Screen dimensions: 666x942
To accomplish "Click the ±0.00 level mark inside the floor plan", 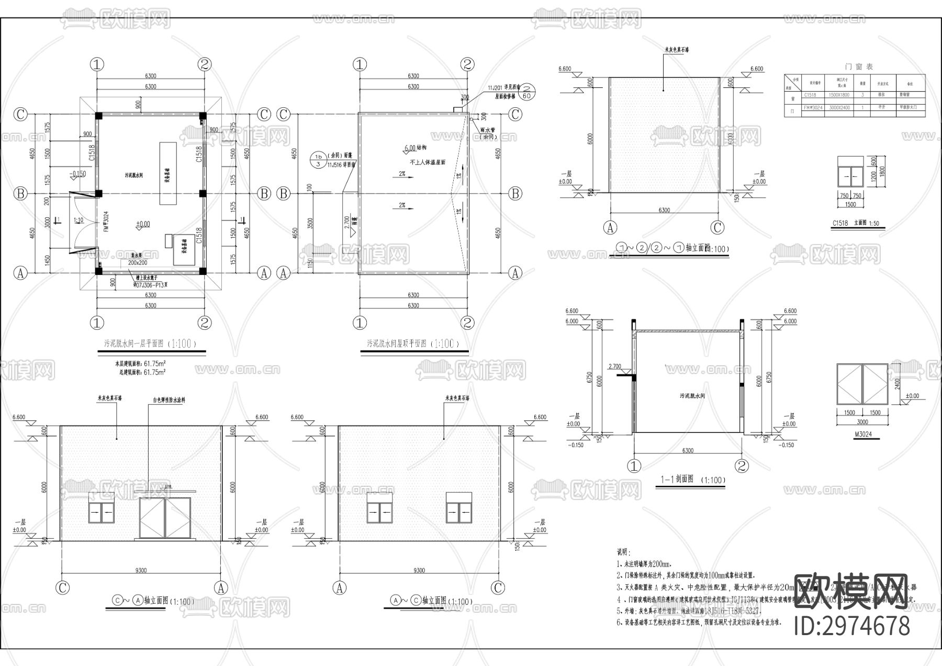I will pos(142,224).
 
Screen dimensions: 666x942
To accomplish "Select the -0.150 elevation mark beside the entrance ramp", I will pos(78,174).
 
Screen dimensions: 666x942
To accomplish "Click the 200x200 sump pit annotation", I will pos(138,262).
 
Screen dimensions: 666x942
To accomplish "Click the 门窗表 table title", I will pos(859,66).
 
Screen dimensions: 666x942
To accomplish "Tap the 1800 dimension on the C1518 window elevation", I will pos(883,171).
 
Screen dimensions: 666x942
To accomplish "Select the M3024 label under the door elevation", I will pos(862,434).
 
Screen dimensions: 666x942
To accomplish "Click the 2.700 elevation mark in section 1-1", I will pos(615,367).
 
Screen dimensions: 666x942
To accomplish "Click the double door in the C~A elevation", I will pos(165,518).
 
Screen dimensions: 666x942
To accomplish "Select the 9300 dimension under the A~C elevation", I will pos(419,570).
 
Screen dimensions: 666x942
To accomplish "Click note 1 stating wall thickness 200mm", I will pos(644,564).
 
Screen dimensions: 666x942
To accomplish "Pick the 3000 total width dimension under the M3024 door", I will pos(862,422).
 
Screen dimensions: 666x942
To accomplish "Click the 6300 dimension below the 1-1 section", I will pos(688,450).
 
